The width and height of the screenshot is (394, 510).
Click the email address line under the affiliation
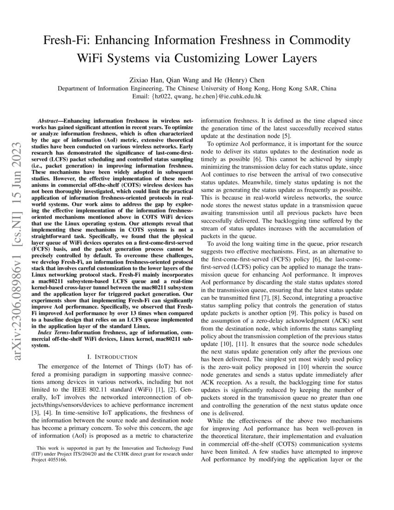coord(197,96)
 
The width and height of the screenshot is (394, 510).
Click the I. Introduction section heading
coord(112,357)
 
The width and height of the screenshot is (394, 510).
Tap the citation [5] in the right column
coord(286,136)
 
